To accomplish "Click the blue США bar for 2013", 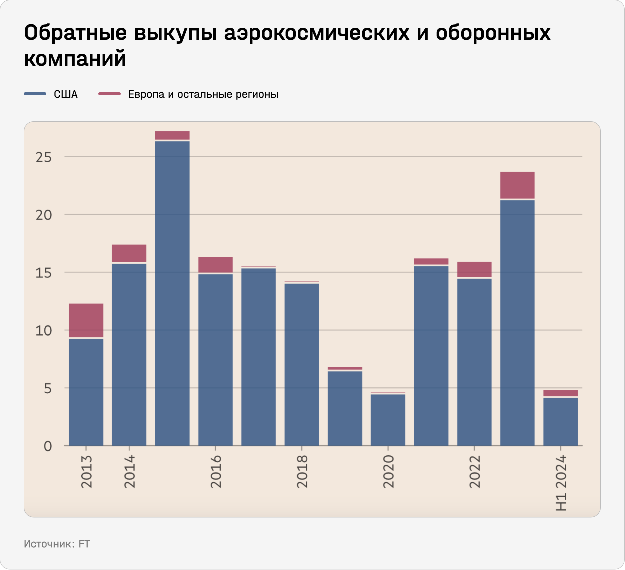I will click(86, 392).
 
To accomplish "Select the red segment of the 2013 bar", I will click(86, 320).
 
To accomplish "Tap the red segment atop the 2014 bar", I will click(129, 253).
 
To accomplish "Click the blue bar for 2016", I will click(215, 360).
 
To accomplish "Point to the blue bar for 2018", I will click(302, 365).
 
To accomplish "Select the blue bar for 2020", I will click(388, 420).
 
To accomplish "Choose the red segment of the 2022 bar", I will click(474, 269).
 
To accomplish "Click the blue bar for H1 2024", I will click(561, 422).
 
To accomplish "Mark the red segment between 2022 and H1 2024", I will click(517, 185).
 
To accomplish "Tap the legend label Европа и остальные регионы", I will click(203, 94).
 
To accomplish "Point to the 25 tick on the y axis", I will click(44, 157).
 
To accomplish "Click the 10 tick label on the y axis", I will click(44, 331).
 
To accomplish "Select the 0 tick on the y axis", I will click(48, 446).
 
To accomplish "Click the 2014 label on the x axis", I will click(129, 471).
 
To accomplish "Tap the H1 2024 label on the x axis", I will click(561, 483).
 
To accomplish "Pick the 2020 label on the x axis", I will click(388, 471).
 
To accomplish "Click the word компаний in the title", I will click(75, 58).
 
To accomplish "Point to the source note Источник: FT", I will click(57, 544).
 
